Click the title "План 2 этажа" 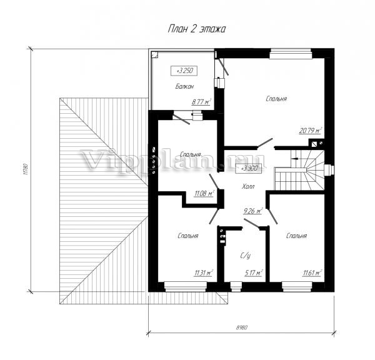pos(197,29)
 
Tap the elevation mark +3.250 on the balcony pos(184,71)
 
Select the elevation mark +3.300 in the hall pos(248,168)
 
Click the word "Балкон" pos(184,86)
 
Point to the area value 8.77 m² pos(201,102)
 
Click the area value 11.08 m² pos(204,193)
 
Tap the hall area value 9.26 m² pos(253,211)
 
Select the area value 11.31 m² pos(204,272)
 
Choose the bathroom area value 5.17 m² pos(254,272)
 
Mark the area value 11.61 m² pos(312,272)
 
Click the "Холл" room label pos(248,186)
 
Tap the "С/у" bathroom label pos(246,256)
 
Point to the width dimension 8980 pos(242,327)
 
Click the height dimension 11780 pos(26,169)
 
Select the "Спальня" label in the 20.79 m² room pos(276,99)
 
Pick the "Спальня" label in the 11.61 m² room pos(296,236)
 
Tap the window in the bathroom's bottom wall pos(236,287)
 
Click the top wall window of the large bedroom pos(291,54)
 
